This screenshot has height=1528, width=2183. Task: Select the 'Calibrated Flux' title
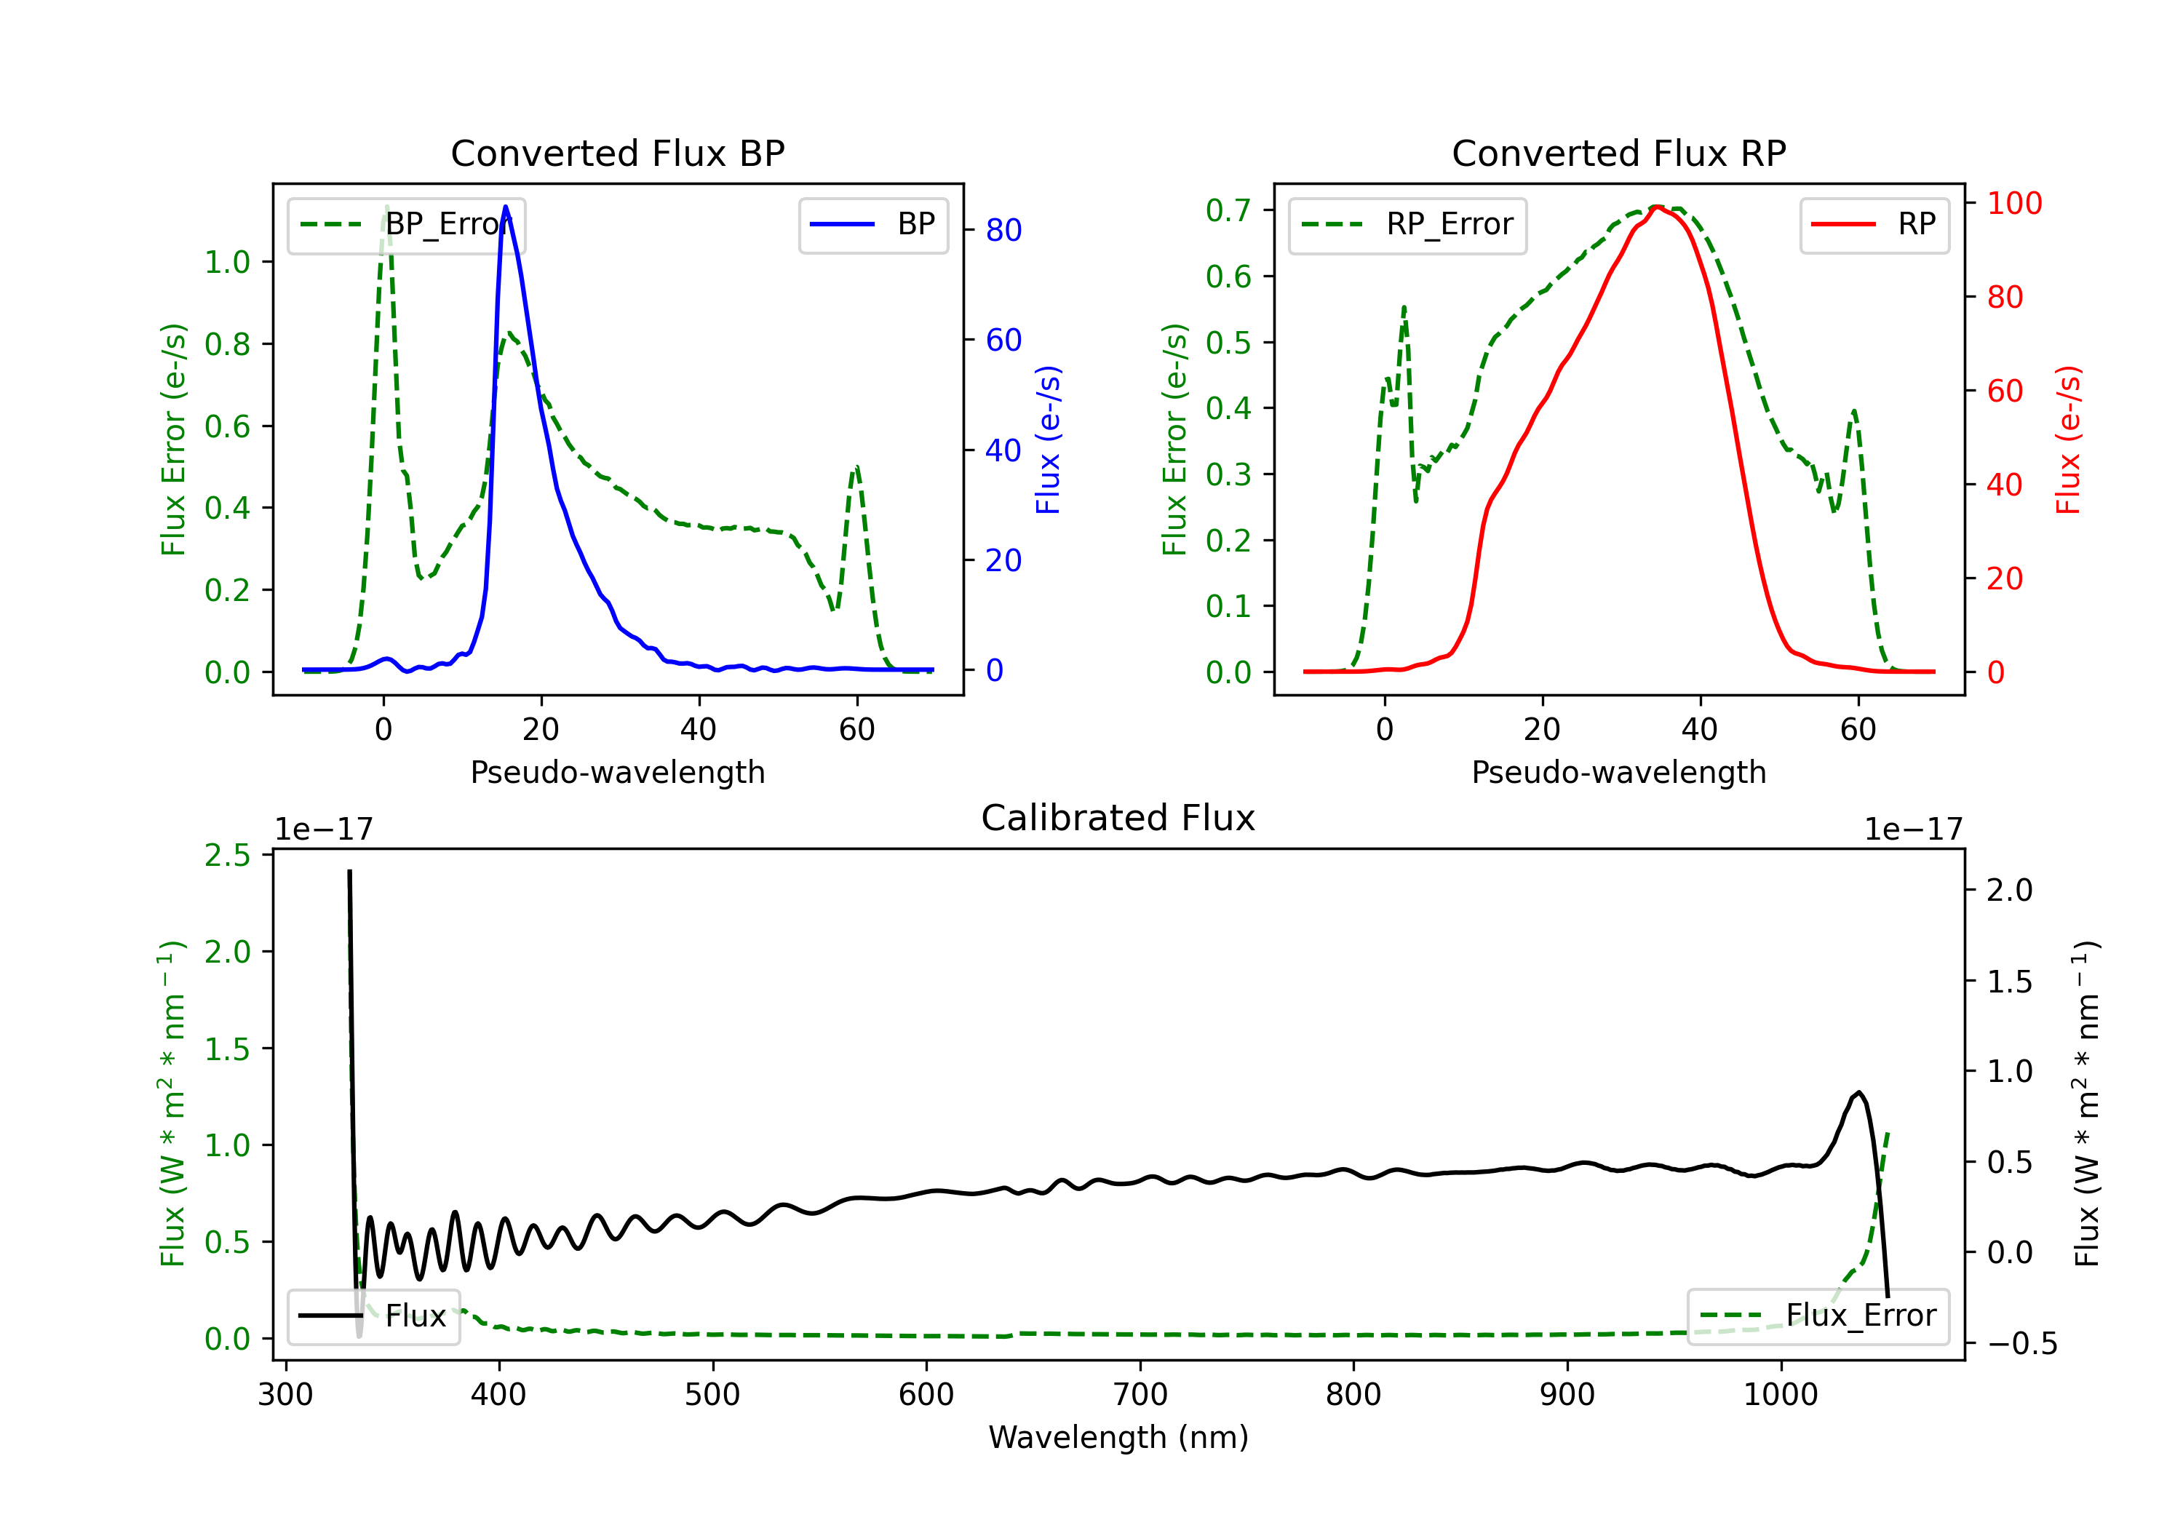[1118, 818]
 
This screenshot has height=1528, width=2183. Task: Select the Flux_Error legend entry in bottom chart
[1818, 1316]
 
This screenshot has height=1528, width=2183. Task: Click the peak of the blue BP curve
[506, 207]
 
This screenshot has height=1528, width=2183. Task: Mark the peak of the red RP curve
[1656, 207]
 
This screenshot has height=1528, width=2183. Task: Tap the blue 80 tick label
[1004, 230]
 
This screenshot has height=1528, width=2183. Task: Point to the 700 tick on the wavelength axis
[1140, 1395]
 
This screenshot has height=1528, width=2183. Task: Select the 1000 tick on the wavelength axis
[1781, 1395]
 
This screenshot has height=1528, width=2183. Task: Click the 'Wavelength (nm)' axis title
[1119, 1437]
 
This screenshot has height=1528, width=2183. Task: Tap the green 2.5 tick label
[227, 856]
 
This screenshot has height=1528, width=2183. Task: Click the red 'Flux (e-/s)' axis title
[2068, 440]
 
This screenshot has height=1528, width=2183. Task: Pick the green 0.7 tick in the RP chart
[1228, 210]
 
